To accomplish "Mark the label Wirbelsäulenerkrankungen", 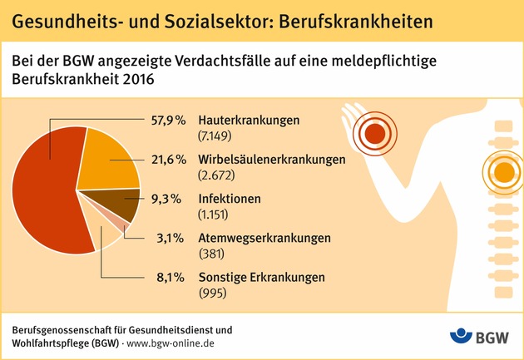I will click(265, 160).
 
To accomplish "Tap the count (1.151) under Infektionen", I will click(215, 215).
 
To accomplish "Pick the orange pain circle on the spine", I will click(503, 173).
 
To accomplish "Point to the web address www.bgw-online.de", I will click(171, 343).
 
